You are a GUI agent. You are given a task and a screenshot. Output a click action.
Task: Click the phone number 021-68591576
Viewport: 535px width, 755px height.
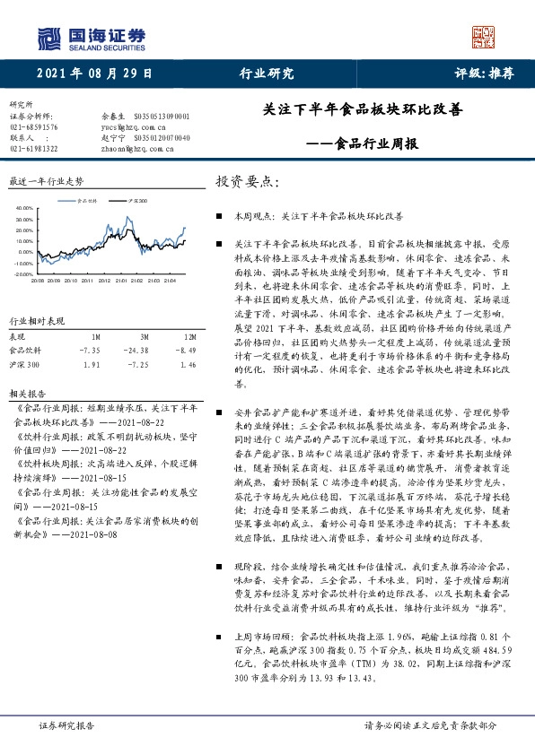[x=33, y=126]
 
